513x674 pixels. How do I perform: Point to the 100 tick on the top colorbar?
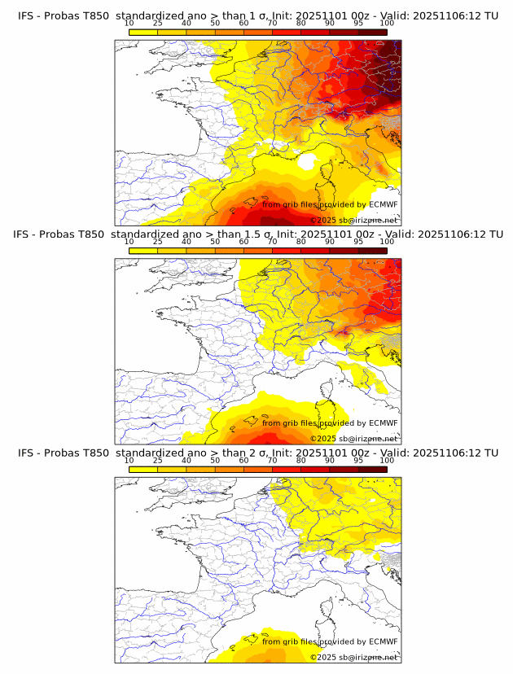387,24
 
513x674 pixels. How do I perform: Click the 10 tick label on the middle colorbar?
129,242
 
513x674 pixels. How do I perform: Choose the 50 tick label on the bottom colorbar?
215,460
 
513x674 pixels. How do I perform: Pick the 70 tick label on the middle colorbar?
272,242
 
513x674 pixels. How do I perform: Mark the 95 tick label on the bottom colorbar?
358,460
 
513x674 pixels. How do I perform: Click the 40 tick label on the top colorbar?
186,24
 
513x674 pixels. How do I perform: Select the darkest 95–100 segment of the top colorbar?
372,32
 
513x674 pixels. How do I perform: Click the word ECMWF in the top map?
384,205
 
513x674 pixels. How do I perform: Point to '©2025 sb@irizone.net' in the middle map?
353,438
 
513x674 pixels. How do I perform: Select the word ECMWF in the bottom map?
384,641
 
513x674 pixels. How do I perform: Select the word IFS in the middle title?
25,235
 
